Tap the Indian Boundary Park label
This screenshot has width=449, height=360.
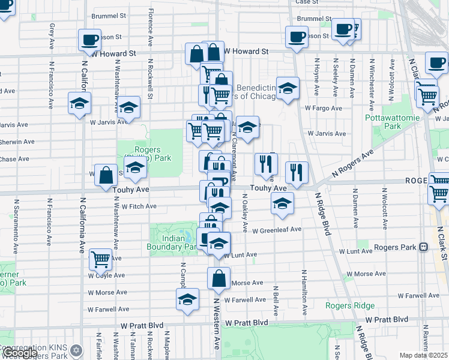[x=172, y=242]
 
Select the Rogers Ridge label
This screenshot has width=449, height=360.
[x=350, y=305]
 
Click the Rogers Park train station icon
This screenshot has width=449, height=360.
[x=423, y=247]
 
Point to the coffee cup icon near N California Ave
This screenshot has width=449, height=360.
[x=89, y=40]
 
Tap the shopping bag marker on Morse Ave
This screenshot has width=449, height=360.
[x=218, y=278]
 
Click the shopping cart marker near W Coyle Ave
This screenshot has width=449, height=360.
[x=100, y=259]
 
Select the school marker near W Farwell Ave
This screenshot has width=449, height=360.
[x=187, y=299]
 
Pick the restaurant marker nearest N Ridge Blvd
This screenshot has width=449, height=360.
[x=296, y=172]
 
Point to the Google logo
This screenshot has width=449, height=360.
[x=19, y=353]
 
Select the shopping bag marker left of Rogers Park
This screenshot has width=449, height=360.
[x=106, y=175]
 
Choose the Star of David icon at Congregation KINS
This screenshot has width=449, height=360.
[x=76, y=349]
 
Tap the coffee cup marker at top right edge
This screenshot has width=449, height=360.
[x=436, y=62]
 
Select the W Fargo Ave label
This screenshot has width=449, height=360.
[x=323, y=109]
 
